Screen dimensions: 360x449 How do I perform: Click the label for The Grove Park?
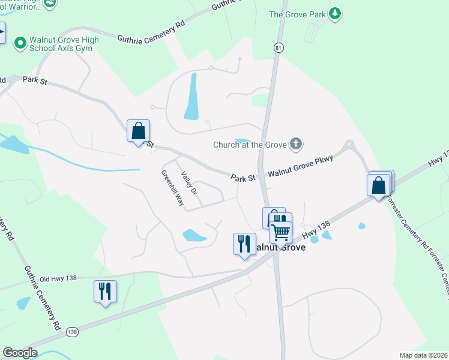[x=297, y=14]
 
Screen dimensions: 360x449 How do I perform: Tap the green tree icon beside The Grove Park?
[x=336, y=14]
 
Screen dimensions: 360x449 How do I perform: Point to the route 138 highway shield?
[x=73, y=331]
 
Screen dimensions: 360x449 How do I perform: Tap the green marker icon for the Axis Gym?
[x=20, y=43]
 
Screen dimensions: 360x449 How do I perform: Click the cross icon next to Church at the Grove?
[x=295, y=143]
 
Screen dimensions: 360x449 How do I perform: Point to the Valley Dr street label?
[x=189, y=182]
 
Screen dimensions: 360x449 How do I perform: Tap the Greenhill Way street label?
[x=172, y=188]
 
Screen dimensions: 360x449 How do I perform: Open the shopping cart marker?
[x=280, y=232]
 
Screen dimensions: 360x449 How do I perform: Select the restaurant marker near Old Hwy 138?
[x=106, y=292]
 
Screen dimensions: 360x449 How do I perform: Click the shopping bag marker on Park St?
[x=138, y=131]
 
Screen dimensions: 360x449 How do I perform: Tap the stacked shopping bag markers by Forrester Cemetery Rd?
[x=379, y=184]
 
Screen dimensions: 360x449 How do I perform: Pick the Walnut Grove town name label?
[x=281, y=247]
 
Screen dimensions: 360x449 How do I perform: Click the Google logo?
[x=20, y=353]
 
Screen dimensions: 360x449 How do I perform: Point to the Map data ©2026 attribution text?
[x=423, y=355]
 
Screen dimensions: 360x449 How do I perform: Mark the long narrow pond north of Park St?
[x=191, y=97]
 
